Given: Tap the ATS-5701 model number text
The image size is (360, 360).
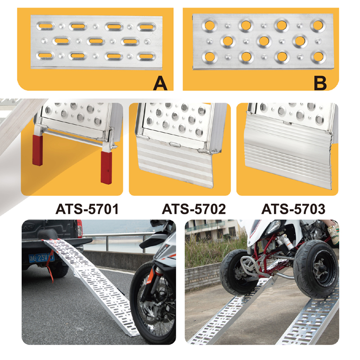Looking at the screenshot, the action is [87, 209].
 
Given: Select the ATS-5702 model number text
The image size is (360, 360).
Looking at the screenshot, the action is [194, 209].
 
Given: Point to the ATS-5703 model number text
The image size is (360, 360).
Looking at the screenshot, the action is [293, 209].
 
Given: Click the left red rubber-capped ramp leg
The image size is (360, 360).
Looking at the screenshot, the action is [38, 150].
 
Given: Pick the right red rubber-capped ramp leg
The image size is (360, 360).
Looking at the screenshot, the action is [106, 167].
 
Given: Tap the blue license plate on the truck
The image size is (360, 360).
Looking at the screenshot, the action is [41, 258].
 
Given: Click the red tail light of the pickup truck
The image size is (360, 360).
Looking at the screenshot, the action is [80, 228].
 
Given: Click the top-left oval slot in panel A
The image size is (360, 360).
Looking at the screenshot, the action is [46, 26].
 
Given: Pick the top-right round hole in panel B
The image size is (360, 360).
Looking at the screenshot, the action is [318, 25].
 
